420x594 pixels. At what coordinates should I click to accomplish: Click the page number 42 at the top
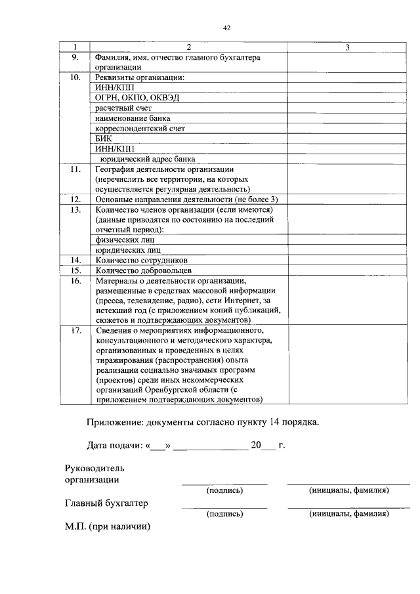click(x=227, y=28)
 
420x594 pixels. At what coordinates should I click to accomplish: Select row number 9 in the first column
click(x=75, y=57)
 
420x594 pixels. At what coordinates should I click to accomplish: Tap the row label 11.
click(x=75, y=169)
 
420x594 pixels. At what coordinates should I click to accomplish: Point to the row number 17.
click(x=75, y=329)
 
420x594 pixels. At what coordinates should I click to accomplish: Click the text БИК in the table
click(x=104, y=139)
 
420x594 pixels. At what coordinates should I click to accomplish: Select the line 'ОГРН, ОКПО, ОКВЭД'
click(x=136, y=98)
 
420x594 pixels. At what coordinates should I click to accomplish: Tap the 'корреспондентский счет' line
click(x=139, y=129)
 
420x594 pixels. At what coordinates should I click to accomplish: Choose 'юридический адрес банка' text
click(x=147, y=159)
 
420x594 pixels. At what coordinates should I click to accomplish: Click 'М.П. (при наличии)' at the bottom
click(x=108, y=526)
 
